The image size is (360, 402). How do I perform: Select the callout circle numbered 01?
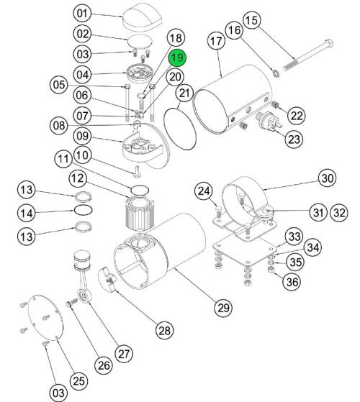[x=83, y=13]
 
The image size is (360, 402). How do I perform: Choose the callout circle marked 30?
[x=328, y=178]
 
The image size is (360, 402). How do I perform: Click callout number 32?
[x=339, y=212]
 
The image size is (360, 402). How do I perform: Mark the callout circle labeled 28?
[x=164, y=330]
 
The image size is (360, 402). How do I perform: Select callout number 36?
[x=292, y=281]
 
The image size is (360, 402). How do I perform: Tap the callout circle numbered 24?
[x=204, y=191]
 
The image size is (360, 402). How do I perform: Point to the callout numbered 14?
[x=27, y=212]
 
